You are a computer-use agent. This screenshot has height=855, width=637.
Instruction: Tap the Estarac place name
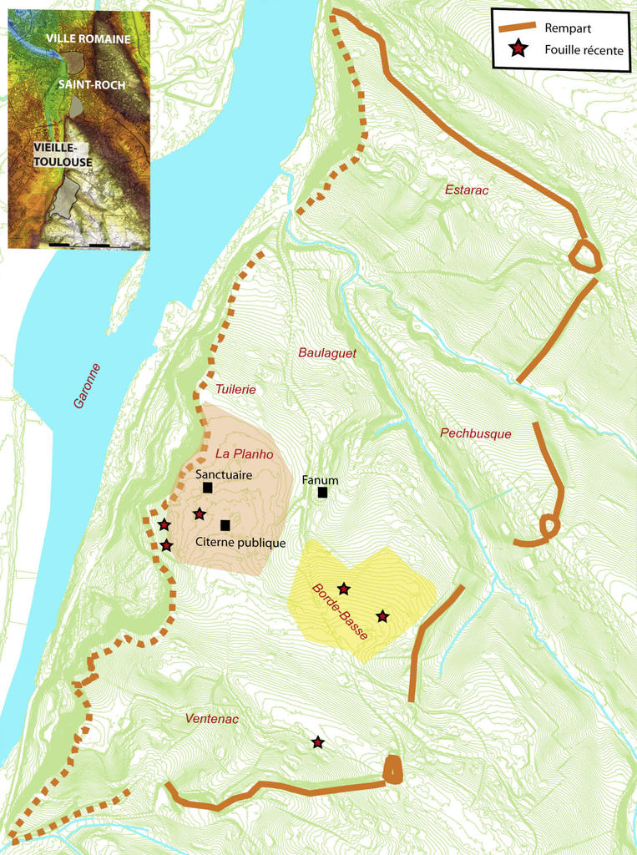466,190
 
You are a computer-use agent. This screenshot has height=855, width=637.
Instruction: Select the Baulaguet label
327,353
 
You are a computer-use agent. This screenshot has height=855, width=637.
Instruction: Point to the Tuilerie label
235,389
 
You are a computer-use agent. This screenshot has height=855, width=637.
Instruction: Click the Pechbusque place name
475,433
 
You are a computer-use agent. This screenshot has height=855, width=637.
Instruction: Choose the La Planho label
245,453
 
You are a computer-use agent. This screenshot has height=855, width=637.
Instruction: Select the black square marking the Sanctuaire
208,488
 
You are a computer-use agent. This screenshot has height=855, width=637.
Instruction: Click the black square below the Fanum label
322,493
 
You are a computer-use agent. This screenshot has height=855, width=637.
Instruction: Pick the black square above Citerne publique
225,525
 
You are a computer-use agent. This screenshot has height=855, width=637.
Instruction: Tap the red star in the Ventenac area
318,742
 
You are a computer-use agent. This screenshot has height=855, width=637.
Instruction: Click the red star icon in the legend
518,50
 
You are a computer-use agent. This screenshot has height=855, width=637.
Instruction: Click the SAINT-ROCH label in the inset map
92,84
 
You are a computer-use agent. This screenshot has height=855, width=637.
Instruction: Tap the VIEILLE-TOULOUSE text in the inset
63,154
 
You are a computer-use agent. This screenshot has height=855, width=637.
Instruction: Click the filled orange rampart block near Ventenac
392,770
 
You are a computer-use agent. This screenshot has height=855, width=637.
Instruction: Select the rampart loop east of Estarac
584,255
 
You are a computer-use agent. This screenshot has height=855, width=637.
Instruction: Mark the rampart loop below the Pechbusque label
549,526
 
